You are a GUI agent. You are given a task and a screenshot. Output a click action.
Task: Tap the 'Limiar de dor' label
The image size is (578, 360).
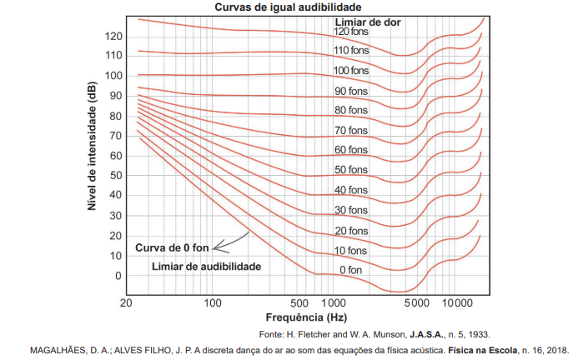pyautogui.click(x=368, y=21)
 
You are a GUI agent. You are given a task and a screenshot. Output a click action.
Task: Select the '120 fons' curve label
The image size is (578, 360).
pyautogui.click(x=352, y=32)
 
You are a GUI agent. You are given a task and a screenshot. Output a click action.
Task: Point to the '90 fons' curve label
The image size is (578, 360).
pyautogui.click(x=351, y=91)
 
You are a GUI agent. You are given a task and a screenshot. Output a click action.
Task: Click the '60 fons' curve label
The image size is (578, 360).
pyautogui.click(x=351, y=150)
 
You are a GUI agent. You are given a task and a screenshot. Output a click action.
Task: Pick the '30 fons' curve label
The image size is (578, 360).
pyautogui.click(x=351, y=210)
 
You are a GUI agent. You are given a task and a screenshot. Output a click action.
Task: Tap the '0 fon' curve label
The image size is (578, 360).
pyautogui.click(x=351, y=270)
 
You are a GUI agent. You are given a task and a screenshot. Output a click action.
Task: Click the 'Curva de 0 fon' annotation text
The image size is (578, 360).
pyautogui.click(x=172, y=247)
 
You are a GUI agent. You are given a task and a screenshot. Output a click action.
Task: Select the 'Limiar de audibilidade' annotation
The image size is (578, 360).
pyautogui.click(x=207, y=267)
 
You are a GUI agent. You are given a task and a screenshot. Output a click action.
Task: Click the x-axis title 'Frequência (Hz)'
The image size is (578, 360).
pyautogui.click(x=305, y=317)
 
